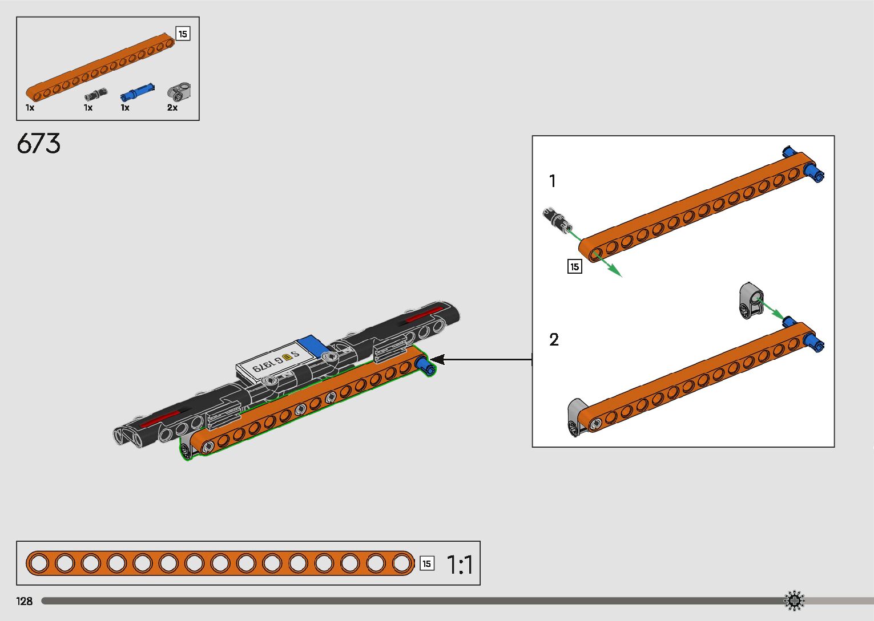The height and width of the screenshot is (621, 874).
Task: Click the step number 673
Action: [38, 144]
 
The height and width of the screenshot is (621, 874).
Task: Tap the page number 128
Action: [25, 601]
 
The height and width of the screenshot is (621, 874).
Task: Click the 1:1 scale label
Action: [460, 565]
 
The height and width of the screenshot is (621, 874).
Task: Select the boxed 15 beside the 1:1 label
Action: [426, 563]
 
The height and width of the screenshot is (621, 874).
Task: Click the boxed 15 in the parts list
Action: [183, 34]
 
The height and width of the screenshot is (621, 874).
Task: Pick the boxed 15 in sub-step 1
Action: [574, 266]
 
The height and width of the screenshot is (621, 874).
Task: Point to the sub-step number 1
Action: [552, 181]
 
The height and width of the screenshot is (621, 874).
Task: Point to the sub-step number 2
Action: [554, 340]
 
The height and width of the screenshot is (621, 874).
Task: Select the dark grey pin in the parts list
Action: [95, 95]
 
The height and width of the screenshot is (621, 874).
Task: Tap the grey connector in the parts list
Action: [179, 91]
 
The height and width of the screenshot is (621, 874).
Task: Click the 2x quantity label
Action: [172, 108]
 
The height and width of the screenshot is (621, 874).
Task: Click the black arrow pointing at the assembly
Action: [440, 359]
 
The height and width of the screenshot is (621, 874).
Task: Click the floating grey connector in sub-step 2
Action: [751, 300]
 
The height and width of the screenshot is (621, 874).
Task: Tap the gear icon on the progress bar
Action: [794, 601]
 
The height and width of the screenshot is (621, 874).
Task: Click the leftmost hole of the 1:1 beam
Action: [39, 563]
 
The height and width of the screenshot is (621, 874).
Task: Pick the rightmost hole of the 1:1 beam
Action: [402, 563]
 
